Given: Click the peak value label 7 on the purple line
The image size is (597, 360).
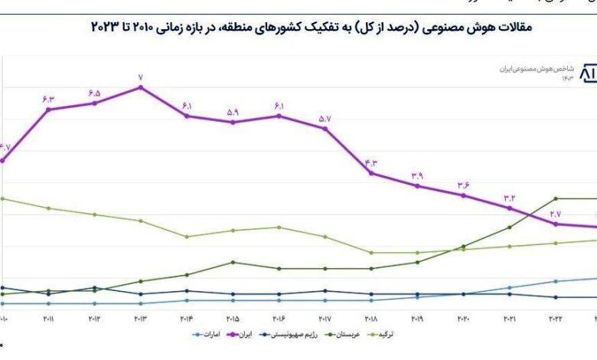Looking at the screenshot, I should [x=141, y=77].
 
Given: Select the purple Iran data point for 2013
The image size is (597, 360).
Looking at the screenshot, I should [x=141, y=87].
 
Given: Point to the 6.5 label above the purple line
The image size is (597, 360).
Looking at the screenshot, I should [x=95, y=93].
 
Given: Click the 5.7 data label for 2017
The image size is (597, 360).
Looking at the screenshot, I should [x=325, y=119].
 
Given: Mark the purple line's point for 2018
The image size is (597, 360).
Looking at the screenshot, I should [x=371, y=173].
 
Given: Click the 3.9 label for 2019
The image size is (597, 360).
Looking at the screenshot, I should [x=417, y=176].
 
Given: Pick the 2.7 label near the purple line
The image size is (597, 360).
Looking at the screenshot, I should [x=556, y=214].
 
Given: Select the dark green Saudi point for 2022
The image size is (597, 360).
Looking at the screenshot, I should [x=556, y=198].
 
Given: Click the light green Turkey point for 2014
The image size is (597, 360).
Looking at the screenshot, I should [x=187, y=237].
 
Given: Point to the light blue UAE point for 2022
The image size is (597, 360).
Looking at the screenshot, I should [x=556, y=281].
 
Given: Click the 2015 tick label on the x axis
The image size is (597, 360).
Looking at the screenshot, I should [x=233, y=319].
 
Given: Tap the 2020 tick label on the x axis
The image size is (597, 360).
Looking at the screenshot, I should [x=463, y=319].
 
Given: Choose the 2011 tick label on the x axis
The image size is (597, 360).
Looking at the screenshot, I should [x=48, y=319].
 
